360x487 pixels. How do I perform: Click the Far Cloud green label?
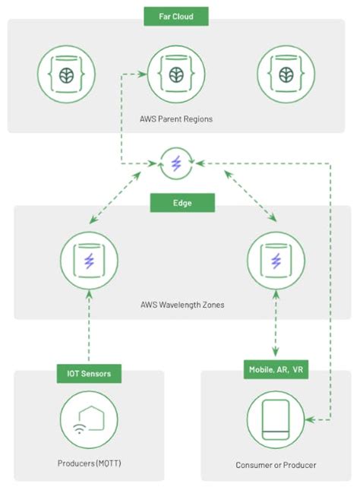[x=175, y=15]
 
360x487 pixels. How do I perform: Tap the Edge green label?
[x=182, y=203]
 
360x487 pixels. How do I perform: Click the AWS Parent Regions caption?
[x=176, y=119]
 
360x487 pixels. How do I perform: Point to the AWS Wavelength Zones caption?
[x=182, y=305]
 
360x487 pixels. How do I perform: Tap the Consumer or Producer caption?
[x=276, y=465]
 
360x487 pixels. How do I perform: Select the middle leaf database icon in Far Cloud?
[x=176, y=74]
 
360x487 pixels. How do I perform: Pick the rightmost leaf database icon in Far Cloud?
[x=286, y=74]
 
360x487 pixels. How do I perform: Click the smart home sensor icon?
[x=89, y=420]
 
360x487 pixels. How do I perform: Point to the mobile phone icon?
[x=275, y=420]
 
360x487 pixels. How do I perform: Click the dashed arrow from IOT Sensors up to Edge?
[x=90, y=327]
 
